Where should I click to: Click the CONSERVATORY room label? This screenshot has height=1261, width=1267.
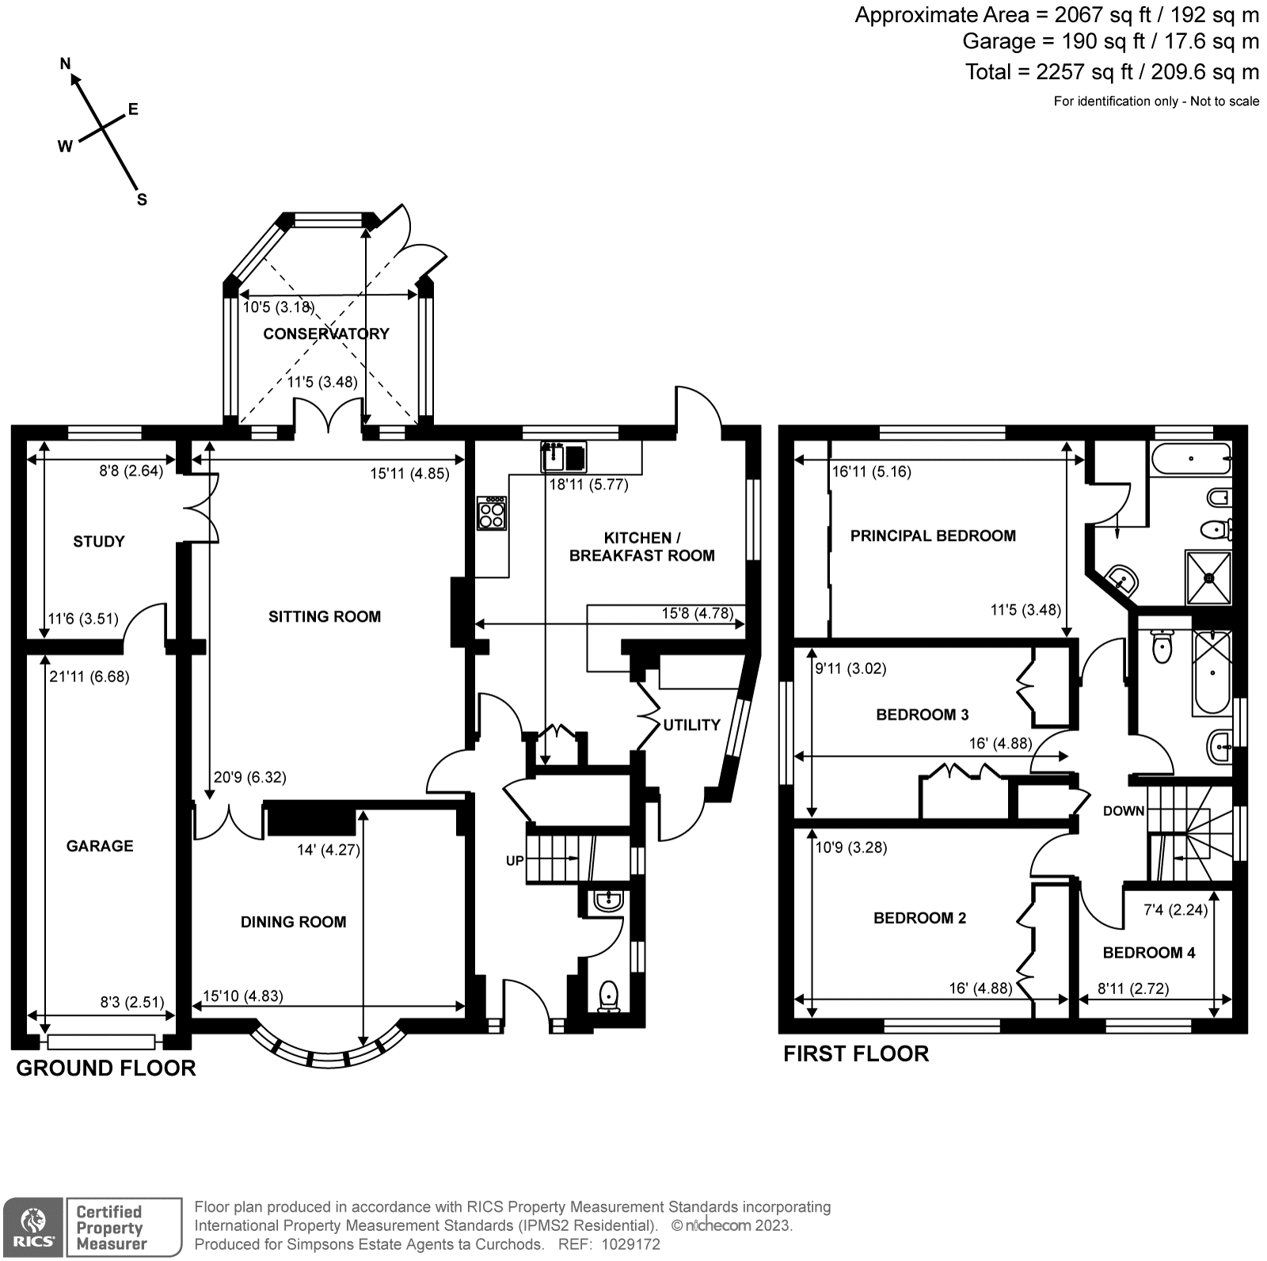click(325, 333)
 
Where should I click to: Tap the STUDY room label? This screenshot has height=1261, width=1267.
click(99, 542)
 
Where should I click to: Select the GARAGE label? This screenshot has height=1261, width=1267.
click(100, 846)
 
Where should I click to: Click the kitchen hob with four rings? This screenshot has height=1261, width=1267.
click(492, 513)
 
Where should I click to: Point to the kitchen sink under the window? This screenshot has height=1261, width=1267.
click(564, 456)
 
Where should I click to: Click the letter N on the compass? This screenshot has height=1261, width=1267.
click(67, 64)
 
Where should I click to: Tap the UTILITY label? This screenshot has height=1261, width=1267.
click(691, 725)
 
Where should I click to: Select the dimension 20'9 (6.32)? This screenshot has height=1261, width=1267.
click(250, 778)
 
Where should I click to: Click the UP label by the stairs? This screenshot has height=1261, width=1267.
click(515, 860)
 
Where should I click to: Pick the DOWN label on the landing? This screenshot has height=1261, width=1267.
click(1124, 811)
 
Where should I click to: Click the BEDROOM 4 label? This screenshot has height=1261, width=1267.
click(1149, 953)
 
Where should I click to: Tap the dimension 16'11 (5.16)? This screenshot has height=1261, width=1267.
click(871, 472)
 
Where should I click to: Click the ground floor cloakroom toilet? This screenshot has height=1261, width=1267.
click(609, 996)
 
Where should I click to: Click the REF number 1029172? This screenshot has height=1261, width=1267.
click(631, 1244)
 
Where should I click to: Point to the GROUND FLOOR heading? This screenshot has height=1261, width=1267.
click(106, 1069)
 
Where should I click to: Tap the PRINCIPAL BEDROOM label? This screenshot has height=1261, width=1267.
click(933, 536)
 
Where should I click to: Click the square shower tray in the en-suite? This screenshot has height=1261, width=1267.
click(1208, 577)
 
